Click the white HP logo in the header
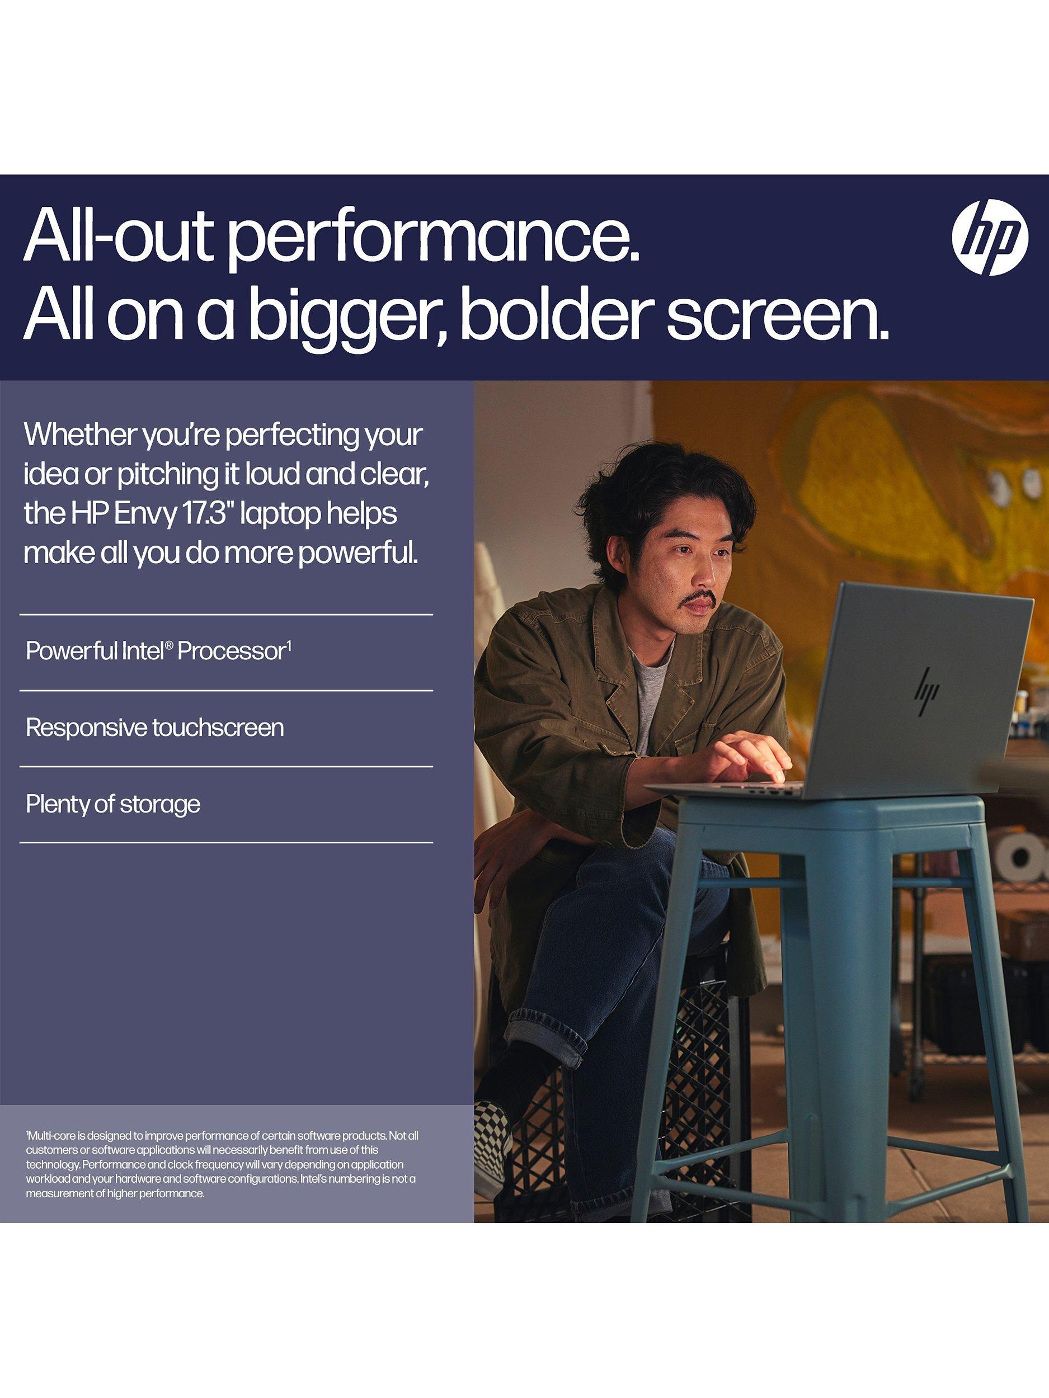pos(990,238)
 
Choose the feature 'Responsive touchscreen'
pos(154,728)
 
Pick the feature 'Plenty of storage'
pos(112,805)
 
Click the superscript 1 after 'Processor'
pos(289,645)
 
